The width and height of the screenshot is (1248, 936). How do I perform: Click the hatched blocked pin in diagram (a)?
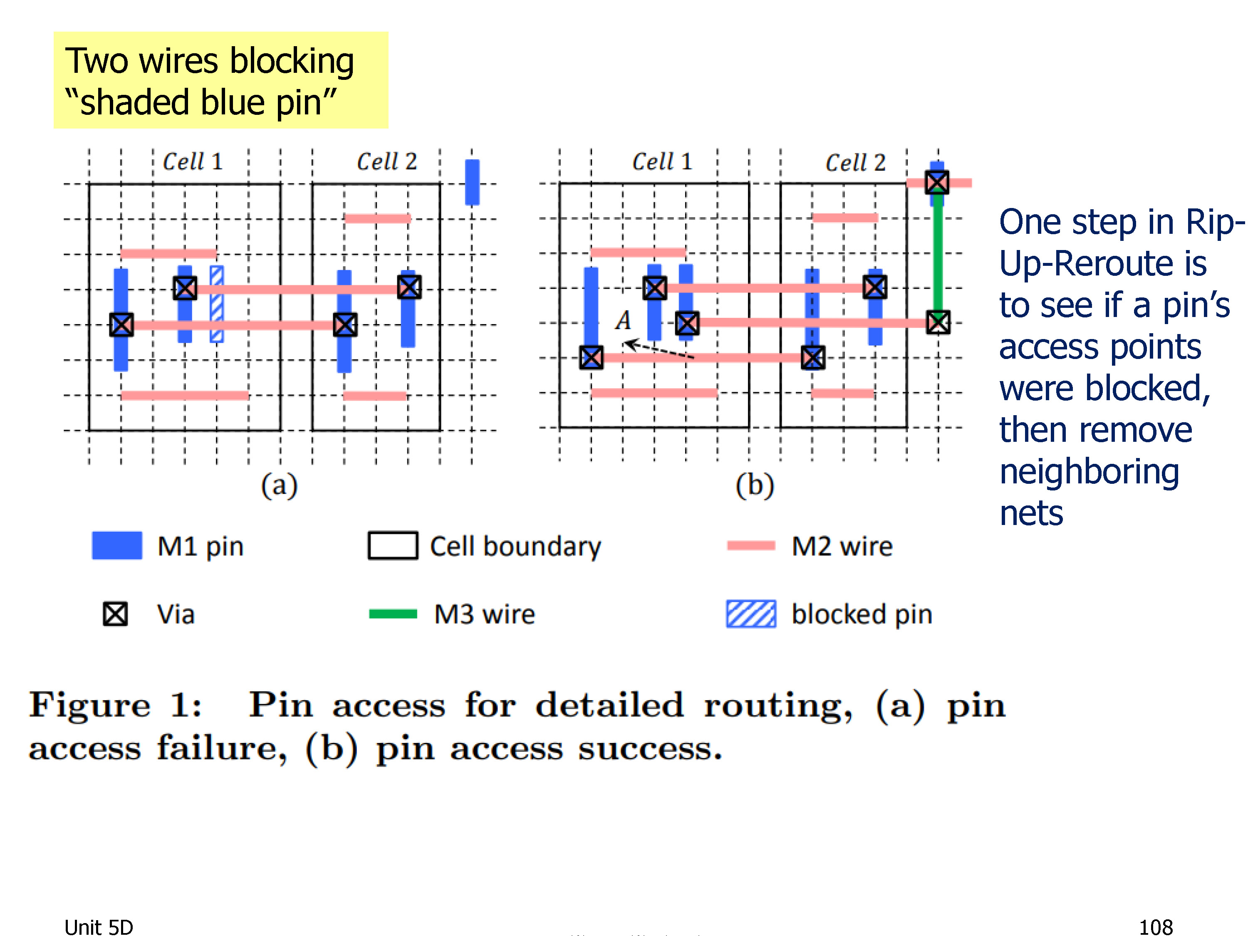pos(217,304)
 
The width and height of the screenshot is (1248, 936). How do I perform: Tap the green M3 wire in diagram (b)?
pos(938,252)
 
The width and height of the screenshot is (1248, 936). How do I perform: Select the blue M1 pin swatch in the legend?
pos(117,545)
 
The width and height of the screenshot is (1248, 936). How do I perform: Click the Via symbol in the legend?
pos(115,614)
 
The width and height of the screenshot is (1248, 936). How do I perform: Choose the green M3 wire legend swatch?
pos(393,614)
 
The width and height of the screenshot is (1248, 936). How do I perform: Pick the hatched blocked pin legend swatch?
pos(751,614)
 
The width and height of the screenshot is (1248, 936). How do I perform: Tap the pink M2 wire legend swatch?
pos(751,545)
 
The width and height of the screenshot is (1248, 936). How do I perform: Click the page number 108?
pos(1156,927)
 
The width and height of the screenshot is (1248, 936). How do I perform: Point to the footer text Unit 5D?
pos(99,927)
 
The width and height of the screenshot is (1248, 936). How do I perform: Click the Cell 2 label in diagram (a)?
pos(387,162)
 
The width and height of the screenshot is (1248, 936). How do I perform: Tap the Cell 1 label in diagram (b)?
pos(662,162)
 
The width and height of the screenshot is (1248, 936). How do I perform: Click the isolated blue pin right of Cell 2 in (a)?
pos(472,182)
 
